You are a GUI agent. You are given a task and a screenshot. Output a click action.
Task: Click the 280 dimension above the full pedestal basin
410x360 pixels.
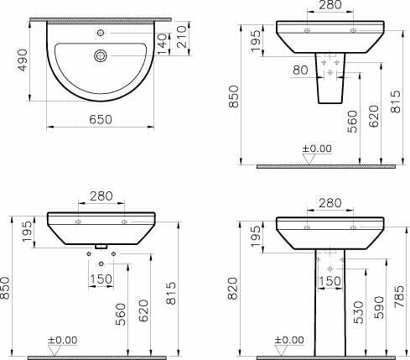(330, 202)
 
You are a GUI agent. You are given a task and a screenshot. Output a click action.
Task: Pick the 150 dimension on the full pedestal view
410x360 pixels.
(330, 281)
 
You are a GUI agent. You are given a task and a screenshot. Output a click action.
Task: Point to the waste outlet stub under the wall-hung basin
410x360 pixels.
(101, 246)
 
